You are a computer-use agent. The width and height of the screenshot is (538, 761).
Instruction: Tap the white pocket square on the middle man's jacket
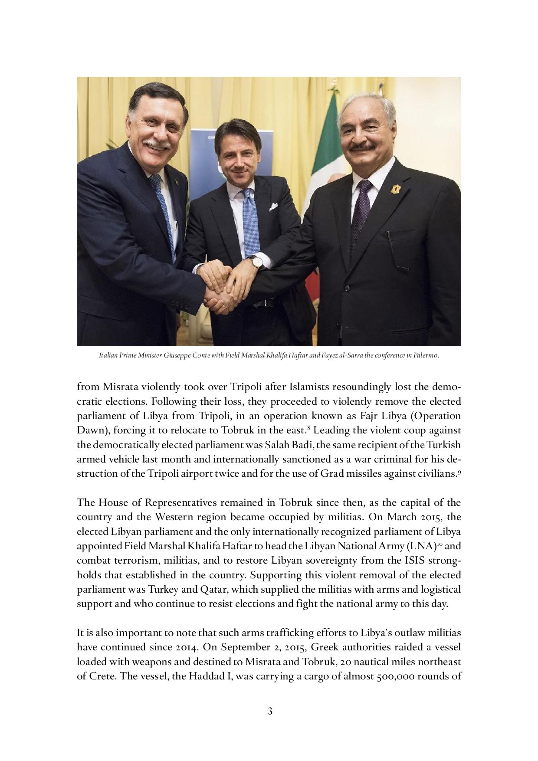273,207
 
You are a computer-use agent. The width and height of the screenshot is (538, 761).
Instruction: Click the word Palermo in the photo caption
428,355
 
